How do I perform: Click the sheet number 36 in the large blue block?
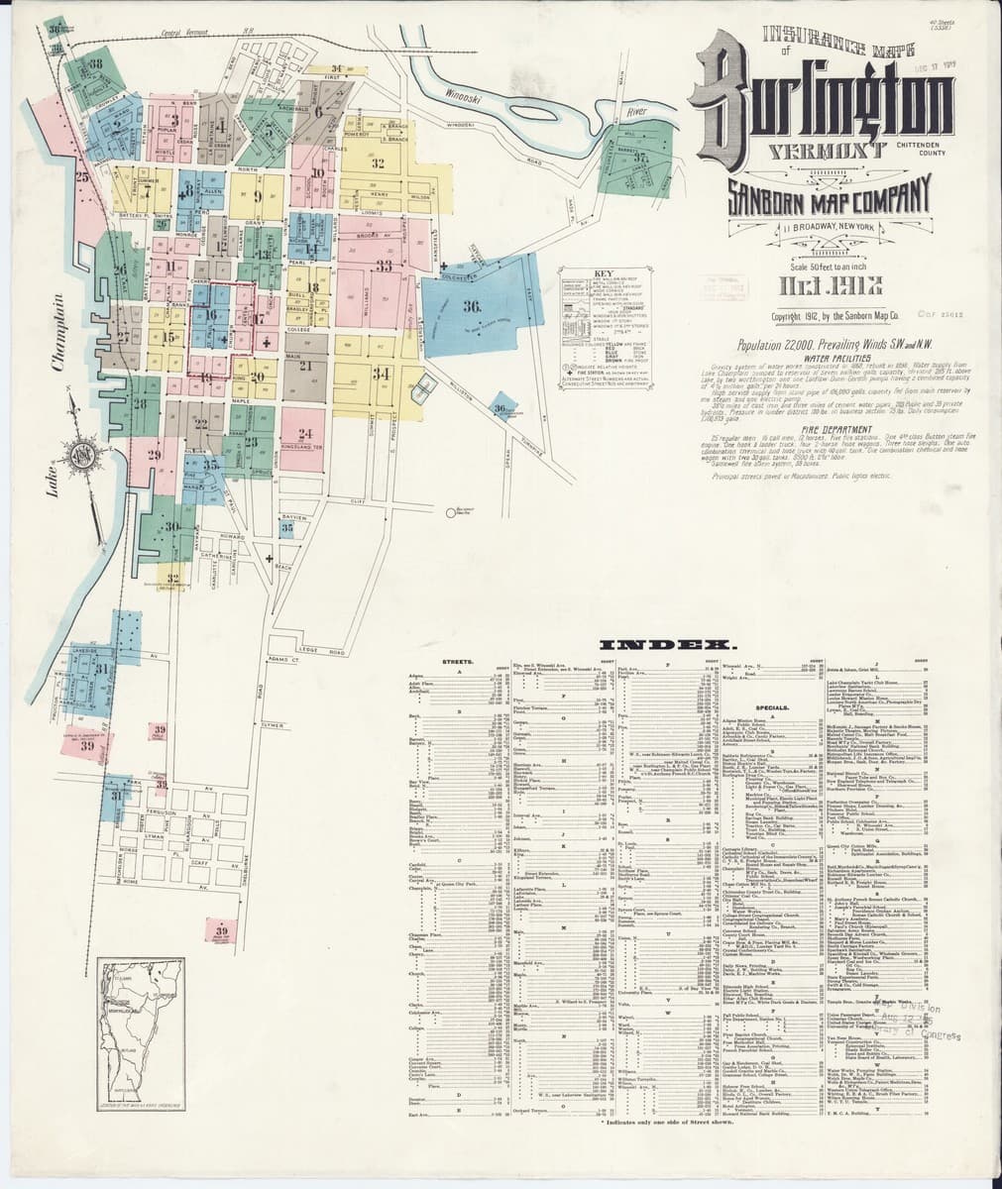[472, 306]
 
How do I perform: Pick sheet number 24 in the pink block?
[305, 433]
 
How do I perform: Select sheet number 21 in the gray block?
[306, 368]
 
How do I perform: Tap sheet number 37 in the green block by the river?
[641, 159]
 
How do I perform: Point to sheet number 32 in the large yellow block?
[378, 162]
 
